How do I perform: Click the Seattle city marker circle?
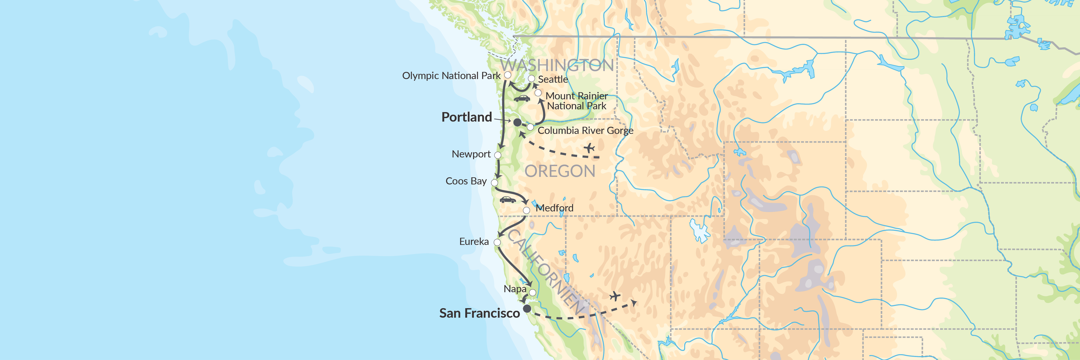tap(531, 78)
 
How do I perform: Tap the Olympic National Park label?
tap(451, 76)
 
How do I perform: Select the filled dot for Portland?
tap(517, 122)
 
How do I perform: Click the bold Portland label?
tap(467, 117)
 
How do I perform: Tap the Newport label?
tap(471, 154)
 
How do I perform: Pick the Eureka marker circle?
tap(497, 242)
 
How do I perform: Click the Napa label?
tap(515, 289)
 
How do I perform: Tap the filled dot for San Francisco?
tap(527, 308)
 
